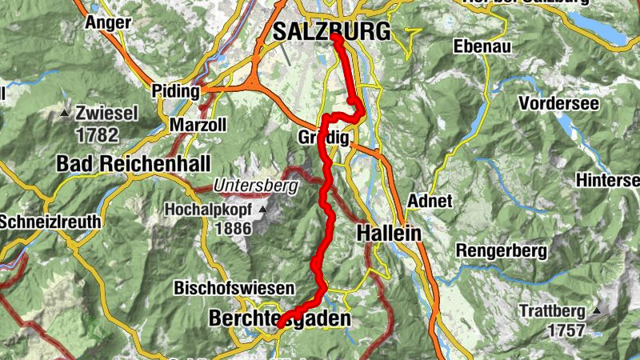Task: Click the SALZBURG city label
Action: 331,31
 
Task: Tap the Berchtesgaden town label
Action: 279,318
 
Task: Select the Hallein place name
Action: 389,234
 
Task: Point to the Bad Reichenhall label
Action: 134,164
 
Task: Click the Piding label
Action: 176,91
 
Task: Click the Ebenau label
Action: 481,46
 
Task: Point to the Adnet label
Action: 430,200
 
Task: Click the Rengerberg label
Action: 502,251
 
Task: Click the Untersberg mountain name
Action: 255,186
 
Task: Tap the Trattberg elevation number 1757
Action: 567,329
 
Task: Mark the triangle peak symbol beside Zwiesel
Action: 65,113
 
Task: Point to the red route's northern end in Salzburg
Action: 335,37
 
